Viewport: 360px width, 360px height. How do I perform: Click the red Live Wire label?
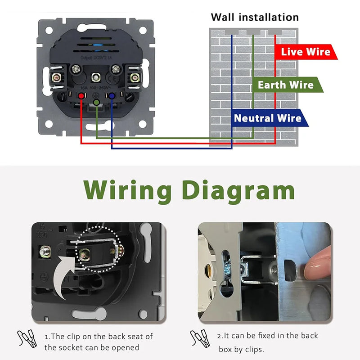[305, 52]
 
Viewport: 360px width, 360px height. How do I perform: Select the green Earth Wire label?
[285, 85]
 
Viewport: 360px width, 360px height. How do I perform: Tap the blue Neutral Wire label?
[267, 118]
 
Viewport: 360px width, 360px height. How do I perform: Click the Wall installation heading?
[255, 18]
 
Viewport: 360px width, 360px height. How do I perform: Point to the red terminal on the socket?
[82, 95]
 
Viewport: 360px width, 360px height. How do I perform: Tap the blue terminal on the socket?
[110, 95]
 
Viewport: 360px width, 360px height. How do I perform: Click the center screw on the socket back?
[95, 77]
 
